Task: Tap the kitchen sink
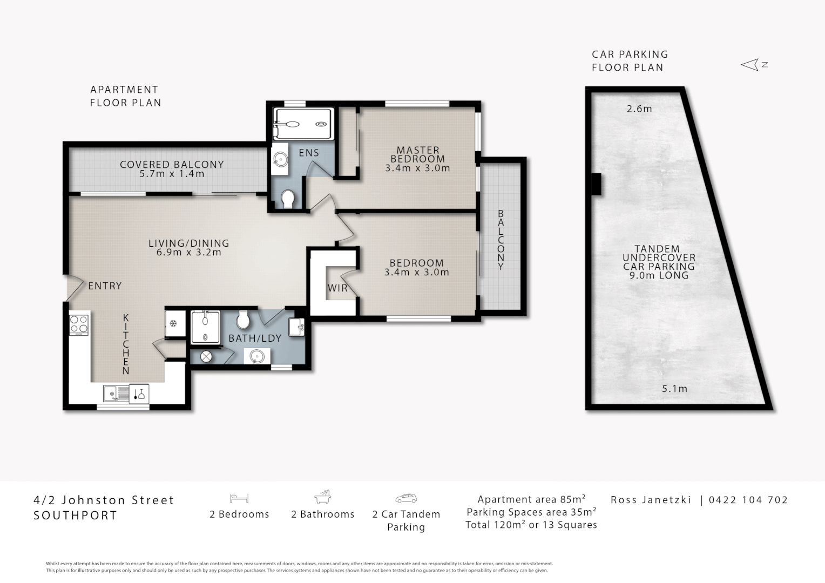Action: (x=116, y=394)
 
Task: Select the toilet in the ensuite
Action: (x=288, y=199)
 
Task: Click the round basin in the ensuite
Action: (x=280, y=160)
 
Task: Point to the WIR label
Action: (x=338, y=288)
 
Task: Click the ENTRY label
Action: (x=105, y=286)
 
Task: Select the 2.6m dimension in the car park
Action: (x=639, y=109)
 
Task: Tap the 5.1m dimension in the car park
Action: (x=675, y=389)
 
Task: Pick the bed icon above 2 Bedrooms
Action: (x=239, y=498)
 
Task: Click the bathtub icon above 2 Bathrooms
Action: (x=323, y=497)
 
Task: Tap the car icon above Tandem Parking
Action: (x=406, y=498)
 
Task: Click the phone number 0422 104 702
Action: (x=748, y=500)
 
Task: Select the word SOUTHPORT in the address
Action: (x=76, y=515)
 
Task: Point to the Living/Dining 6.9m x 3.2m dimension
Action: (x=189, y=252)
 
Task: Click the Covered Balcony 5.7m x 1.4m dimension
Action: (x=172, y=173)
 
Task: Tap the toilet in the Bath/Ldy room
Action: (x=244, y=320)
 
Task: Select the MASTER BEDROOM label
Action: (x=418, y=155)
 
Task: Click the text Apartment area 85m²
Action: (x=532, y=499)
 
